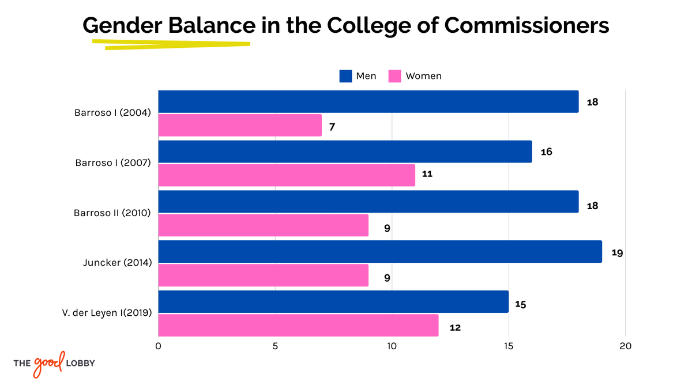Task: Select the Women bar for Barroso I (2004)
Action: [x=240, y=126]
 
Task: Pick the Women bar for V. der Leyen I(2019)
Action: [x=298, y=326]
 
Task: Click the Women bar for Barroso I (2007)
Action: [x=287, y=175]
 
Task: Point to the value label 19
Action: [x=617, y=252]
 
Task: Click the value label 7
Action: [x=332, y=127]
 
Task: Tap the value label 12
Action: [x=455, y=327]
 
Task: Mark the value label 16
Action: [x=547, y=152]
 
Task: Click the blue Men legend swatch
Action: [x=345, y=76]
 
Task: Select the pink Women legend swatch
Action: [x=394, y=76]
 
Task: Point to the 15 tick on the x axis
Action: [x=509, y=346]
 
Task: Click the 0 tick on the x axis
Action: [x=159, y=346]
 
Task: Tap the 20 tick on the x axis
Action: [x=626, y=346]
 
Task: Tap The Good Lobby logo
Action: [x=54, y=363]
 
